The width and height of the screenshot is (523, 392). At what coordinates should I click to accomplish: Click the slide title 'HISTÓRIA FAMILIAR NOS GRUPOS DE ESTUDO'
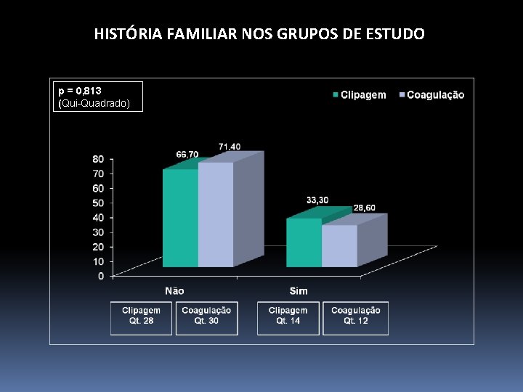point(259,34)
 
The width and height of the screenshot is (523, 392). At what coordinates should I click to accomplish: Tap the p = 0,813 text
point(80,91)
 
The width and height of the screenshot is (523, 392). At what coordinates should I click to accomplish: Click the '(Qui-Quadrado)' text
point(94,104)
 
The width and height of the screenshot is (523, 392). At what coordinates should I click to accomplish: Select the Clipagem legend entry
point(359,95)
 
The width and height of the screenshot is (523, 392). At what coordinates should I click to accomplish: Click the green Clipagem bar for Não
point(180,218)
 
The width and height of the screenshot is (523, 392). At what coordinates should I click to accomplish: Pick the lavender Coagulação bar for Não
point(216,214)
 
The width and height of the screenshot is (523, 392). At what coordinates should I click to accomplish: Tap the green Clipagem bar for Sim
point(304,242)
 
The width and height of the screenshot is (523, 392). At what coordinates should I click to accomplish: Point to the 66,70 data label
point(187,154)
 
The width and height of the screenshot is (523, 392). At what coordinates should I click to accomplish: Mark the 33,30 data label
point(317,200)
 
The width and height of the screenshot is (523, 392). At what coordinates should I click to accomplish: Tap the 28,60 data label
point(365,208)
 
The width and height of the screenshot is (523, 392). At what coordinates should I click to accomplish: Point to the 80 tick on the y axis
point(98,159)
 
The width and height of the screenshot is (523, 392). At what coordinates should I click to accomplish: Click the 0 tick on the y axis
point(101,276)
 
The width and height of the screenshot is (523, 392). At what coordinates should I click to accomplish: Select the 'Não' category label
point(174,290)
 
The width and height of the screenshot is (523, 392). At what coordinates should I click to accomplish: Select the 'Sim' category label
point(299,290)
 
